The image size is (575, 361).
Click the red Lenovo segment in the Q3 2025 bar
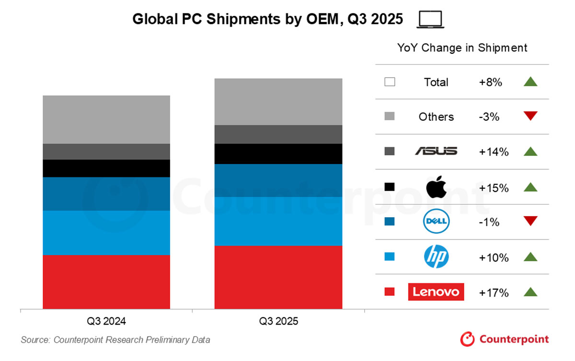[278, 277]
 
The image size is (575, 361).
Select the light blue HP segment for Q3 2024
[106, 233]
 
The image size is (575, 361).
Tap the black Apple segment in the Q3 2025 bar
[278, 154]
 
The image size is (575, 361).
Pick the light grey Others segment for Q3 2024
[106, 119]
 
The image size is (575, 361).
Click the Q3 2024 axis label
[106, 321]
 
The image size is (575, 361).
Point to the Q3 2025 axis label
[278, 321]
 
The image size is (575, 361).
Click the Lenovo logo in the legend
[436, 292]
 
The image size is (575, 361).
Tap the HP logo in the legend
[436, 257]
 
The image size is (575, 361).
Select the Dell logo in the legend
[436, 222]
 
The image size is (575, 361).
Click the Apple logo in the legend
[436, 187]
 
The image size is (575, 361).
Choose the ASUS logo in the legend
[436, 151]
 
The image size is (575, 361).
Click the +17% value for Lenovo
[494, 292]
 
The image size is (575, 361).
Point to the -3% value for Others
[489, 116]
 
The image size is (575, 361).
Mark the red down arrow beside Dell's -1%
[530, 221]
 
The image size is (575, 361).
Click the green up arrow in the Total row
[530, 82]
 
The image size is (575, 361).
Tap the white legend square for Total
[390, 82]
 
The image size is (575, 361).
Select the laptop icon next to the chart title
[431, 19]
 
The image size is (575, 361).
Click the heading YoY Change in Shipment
[462, 48]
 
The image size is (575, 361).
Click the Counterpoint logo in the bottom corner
[504, 339]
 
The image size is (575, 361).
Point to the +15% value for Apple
[494, 187]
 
